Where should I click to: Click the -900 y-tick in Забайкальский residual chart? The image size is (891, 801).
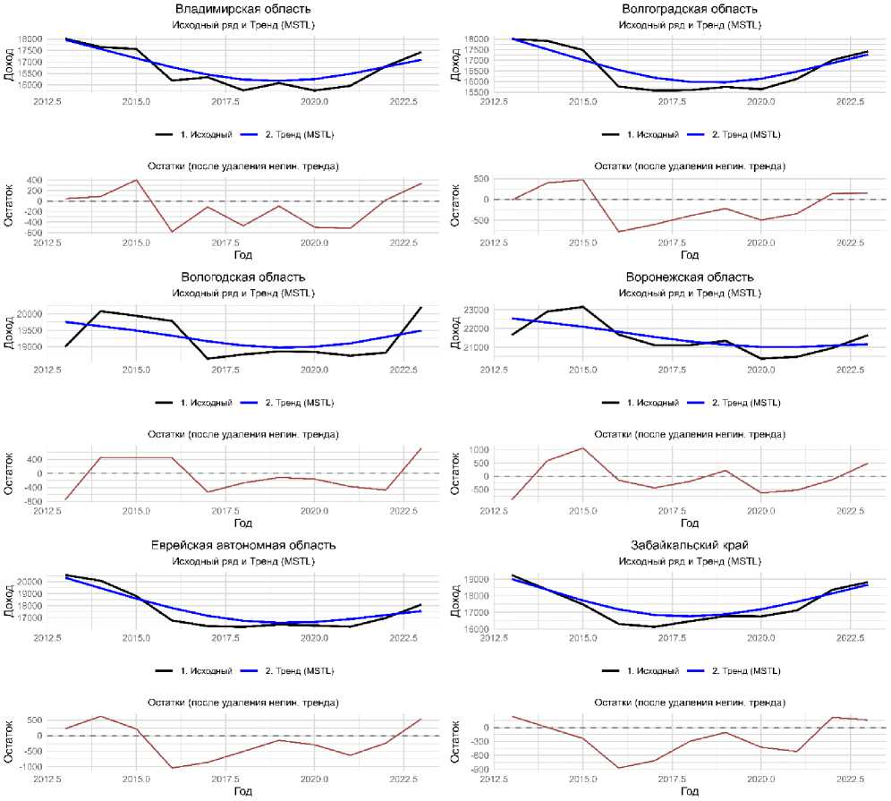pyautogui.click(x=478, y=769)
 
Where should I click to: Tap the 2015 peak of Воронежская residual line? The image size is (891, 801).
pyautogui.click(x=583, y=447)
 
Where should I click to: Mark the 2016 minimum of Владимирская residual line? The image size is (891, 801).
pyautogui.click(x=172, y=233)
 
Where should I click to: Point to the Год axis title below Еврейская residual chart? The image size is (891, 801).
pyautogui.click(x=243, y=791)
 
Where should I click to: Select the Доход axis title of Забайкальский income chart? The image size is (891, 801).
pyautogui.click(x=458, y=601)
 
